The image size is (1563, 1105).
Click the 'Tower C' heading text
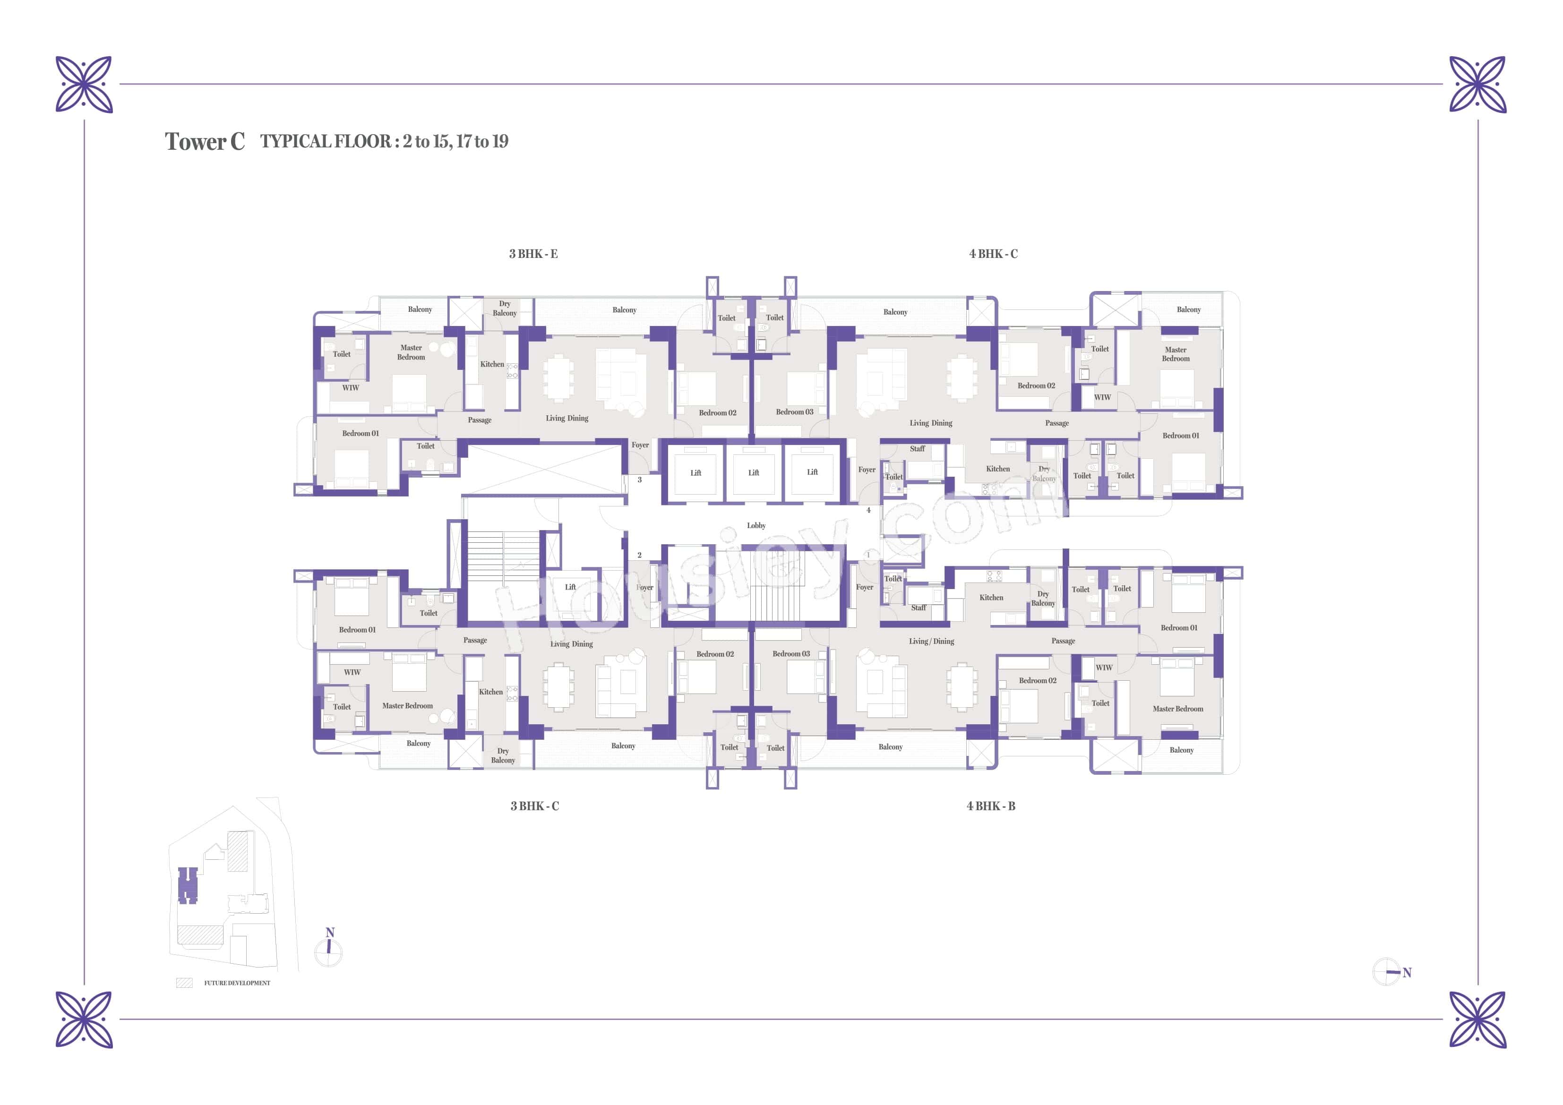click(x=204, y=142)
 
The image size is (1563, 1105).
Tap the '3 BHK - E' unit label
click(x=533, y=254)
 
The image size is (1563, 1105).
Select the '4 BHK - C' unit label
click(x=993, y=254)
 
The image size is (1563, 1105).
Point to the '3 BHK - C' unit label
click(x=534, y=806)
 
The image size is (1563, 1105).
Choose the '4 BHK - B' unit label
click(x=990, y=806)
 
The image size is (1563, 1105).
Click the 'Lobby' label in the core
click(x=756, y=526)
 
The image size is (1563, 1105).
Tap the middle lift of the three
click(x=754, y=472)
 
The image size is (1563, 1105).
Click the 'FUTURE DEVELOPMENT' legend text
click(x=237, y=983)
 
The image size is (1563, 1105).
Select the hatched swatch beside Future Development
click(x=184, y=983)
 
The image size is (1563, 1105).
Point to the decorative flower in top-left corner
click(x=84, y=85)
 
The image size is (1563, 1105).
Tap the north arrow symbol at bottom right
click(x=1388, y=972)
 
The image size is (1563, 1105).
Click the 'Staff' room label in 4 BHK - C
click(x=917, y=449)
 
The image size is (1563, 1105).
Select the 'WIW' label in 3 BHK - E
click(x=350, y=388)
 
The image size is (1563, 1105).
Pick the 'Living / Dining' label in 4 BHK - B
click(x=931, y=642)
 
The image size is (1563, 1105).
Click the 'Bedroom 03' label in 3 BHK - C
click(x=791, y=654)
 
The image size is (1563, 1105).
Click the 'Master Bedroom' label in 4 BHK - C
click(x=1176, y=354)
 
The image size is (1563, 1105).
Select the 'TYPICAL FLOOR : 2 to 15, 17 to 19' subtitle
click(x=384, y=142)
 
